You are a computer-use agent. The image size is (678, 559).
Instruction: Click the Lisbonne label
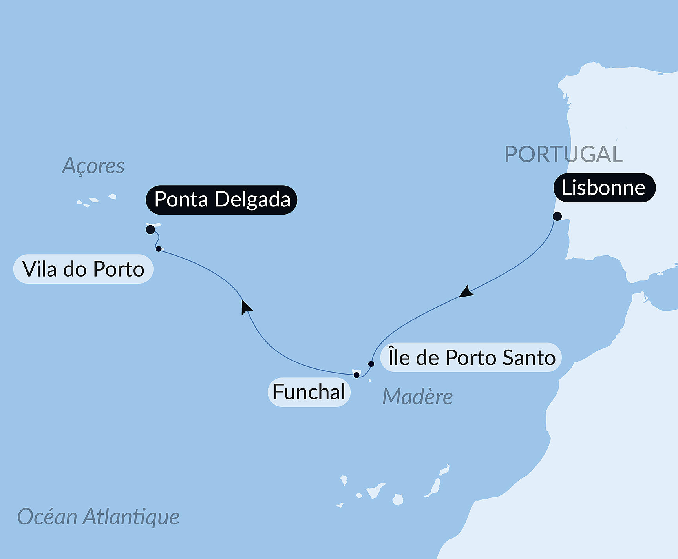[604, 188]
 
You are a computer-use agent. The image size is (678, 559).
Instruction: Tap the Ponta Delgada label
[221, 200]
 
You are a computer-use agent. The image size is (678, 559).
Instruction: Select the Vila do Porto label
[83, 269]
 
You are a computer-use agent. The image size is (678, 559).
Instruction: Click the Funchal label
[309, 392]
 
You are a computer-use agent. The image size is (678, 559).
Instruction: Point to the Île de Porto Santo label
[471, 357]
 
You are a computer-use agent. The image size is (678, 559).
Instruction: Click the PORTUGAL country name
[563, 154]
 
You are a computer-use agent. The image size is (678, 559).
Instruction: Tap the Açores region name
[93, 166]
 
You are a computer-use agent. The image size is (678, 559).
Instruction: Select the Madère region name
[417, 397]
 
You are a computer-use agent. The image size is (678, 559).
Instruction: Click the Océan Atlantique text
[98, 517]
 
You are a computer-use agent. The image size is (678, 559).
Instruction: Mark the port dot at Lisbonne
[557, 216]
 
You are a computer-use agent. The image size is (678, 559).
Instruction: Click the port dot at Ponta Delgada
[150, 229]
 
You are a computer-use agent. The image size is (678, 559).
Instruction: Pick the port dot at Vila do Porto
[159, 249]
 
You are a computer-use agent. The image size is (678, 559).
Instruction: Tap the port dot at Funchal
[356, 375]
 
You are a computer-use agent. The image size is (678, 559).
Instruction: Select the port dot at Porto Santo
[371, 364]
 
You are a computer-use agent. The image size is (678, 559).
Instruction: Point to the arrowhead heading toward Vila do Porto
[246, 306]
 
